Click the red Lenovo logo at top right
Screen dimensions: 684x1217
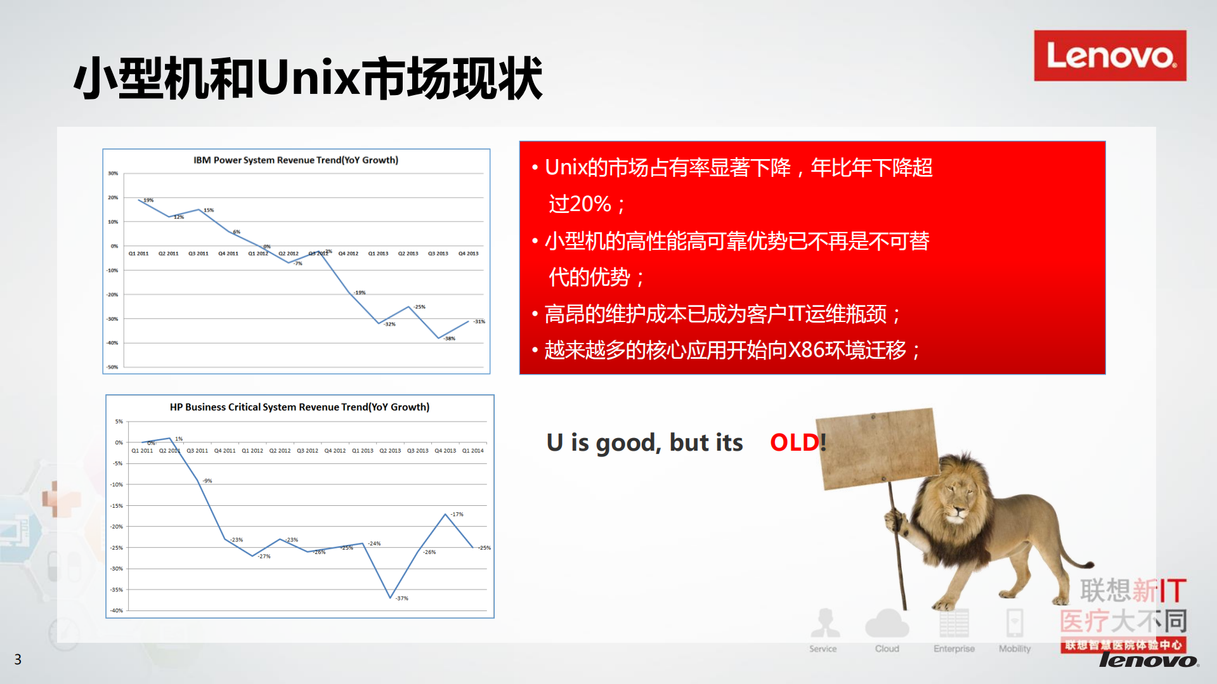(1109, 56)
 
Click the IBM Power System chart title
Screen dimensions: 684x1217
(296, 160)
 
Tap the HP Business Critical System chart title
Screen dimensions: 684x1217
(299, 407)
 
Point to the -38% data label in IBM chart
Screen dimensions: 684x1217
(450, 339)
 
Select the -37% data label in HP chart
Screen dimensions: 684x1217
(402, 598)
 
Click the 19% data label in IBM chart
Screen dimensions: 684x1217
(148, 200)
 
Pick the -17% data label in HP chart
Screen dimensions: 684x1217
(457, 514)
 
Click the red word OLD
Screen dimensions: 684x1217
(794, 442)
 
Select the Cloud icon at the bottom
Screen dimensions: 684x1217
(887, 624)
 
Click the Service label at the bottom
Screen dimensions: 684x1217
(823, 649)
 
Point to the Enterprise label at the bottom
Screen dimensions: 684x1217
(954, 649)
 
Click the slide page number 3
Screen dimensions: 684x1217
(18, 660)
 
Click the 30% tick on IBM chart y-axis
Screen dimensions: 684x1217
(113, 173)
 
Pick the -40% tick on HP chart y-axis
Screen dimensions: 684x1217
(117, 610)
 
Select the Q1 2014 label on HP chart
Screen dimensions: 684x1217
(472, 451)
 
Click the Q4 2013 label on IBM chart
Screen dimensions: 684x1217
(468, 254)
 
